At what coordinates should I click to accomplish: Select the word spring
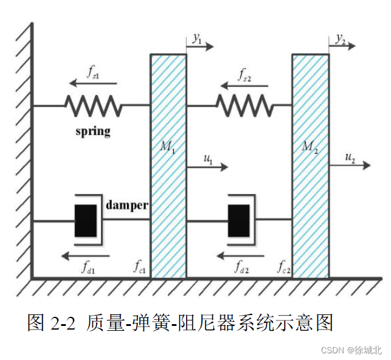pos(93,130)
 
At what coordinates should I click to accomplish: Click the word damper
pos(126,205)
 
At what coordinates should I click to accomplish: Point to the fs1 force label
pos(94,72)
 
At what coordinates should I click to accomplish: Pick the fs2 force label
pos(244,75)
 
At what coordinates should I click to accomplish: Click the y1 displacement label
pos(196,40)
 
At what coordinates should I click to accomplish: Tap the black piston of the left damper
pos(86,220)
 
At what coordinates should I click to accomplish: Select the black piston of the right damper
pos(239,220)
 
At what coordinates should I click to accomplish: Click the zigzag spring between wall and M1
pos(93,106)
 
